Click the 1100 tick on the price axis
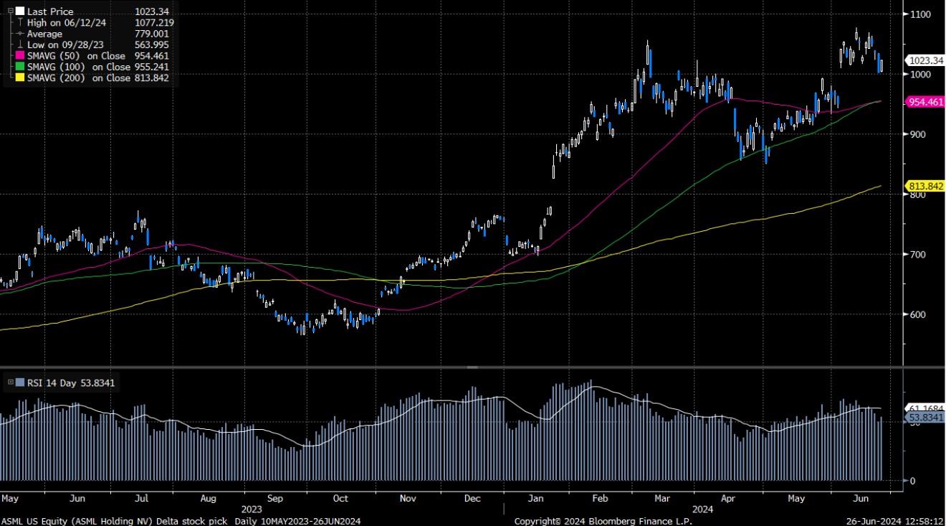pyautogui.click(x=922, y=14)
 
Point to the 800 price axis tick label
pyautogui.click(x=919, y=194)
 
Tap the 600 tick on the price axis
pyautogui.click(x=919, y=314)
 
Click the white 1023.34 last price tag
pyautogui.click(x=924, y=60)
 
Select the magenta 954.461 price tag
pyautogui.click(x=926, y=103)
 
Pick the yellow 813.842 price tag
pyautogui.click(x=926, y=186)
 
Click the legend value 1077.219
pyautogui.click(x=154, y=23)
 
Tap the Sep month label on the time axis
pyautogui.click(x=274, y=498)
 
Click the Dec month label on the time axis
pyautogui.click(x=472, y=498)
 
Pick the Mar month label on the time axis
pyautogui.click(x=663, y=498)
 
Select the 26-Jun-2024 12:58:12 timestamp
pyautogui.click(x=894, y=520)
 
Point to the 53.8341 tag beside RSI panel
pyautogui.click(x=926, y=418)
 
